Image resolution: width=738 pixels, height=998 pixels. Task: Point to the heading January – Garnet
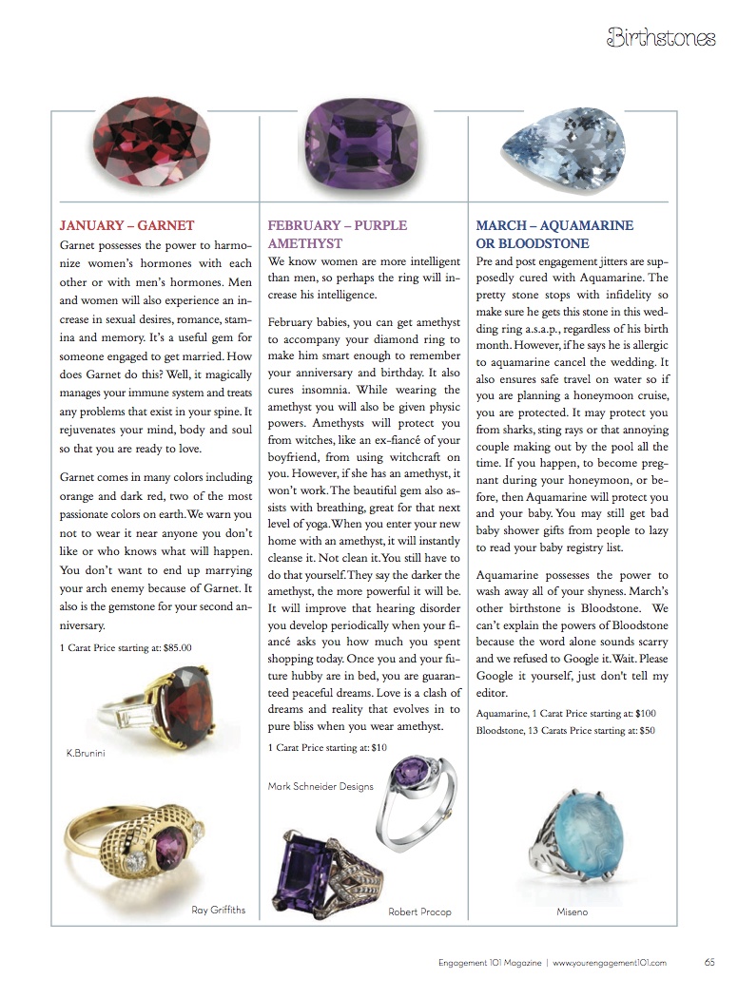(126, 226)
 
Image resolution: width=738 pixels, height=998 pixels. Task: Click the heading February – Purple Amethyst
(337, 235)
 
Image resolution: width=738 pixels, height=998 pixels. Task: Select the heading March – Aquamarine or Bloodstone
(554, 235)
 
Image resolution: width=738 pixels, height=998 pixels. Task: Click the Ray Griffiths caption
(219, 910)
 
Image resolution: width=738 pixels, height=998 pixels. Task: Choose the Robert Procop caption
(419, 912)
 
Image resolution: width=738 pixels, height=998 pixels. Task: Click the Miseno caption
(572, 912)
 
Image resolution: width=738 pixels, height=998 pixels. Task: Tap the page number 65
(709, 962)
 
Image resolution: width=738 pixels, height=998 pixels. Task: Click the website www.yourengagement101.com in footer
(610, 962)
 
